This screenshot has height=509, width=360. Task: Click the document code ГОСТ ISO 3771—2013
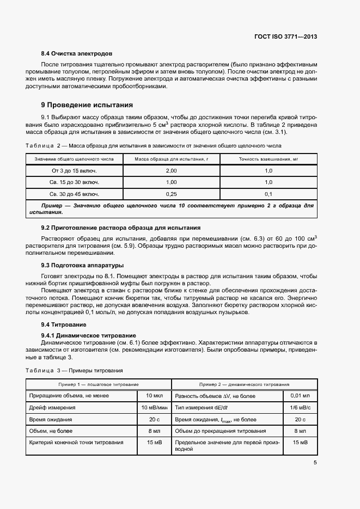(x=285, y=37)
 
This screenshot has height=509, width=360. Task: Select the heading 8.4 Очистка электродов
(x=77, y=54)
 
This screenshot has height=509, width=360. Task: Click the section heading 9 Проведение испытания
(x=87, y=105)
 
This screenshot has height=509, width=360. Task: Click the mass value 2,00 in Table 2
(x=171, y=170)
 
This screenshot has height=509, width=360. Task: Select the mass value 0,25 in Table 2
(x=171, y=194)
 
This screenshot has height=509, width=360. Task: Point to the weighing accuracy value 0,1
(x=268, y=194)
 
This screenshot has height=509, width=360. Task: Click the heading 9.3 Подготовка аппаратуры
(x=82, y=265)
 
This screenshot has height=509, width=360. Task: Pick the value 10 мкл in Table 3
(x=150, y=396)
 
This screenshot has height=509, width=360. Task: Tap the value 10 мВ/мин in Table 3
(x=153, y=407)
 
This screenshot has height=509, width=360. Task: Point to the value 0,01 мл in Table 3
(x=300, y=396)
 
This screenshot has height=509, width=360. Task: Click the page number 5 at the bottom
(x=315, y=463)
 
